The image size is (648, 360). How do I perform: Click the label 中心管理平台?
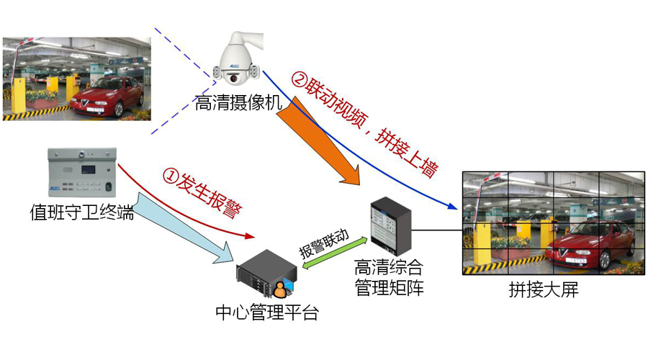pyautogui.click(x=266, y=313)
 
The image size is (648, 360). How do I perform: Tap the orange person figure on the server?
pyautogui.click(x=279, y=289)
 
